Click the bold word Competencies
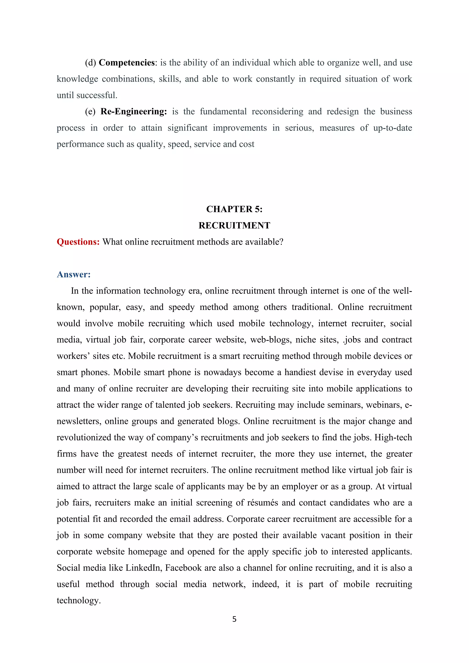127,63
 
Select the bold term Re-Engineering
134,111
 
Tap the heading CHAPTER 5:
234,209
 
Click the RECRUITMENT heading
234,225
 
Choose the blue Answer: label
74,274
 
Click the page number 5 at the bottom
234,619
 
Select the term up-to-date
393,128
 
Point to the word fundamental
223,111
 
